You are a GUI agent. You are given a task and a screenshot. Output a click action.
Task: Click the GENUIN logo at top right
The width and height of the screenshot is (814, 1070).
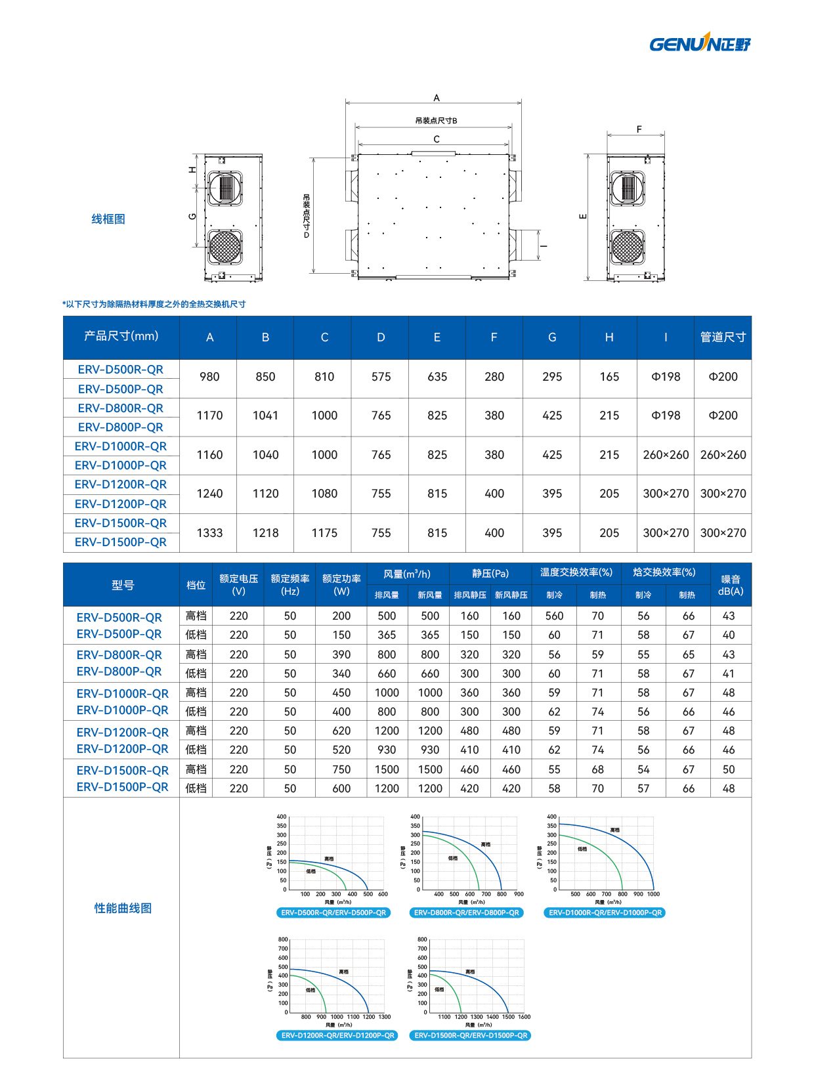(700, 43)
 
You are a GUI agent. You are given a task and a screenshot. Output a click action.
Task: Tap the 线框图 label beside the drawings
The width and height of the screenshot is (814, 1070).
(108, 219)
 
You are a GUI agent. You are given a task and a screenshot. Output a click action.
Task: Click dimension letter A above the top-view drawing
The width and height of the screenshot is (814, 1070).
(437, 98)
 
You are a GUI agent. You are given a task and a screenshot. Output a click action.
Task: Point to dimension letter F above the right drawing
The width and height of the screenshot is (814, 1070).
(639, 129)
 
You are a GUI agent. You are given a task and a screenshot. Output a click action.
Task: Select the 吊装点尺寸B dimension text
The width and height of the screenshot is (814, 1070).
(436, 121)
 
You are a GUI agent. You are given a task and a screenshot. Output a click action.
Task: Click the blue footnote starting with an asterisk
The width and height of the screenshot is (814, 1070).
(154, 305)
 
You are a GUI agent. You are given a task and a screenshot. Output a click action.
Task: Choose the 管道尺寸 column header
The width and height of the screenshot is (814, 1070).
(723, 337)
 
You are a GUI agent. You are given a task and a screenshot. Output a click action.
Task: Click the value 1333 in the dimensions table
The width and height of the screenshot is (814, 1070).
(209, 533)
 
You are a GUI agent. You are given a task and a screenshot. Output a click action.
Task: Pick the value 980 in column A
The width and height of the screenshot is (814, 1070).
(209, 377)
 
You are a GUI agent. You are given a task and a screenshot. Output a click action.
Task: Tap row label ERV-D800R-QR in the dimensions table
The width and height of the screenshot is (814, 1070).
(121, 408)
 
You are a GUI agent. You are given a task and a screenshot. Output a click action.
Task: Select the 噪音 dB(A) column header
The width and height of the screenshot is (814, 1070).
(731, 585)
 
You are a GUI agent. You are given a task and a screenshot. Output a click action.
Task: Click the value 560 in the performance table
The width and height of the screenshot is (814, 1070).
(554, 616)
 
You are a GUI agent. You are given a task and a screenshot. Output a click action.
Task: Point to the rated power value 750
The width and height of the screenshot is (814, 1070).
(341, 769)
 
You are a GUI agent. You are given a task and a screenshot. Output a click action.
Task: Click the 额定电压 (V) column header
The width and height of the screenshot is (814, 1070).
(238, 585)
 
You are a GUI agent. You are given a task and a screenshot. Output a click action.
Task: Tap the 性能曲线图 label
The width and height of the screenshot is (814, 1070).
(123, 908)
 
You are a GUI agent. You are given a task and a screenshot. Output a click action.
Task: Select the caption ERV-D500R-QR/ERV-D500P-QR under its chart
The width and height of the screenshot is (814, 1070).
(333, 912)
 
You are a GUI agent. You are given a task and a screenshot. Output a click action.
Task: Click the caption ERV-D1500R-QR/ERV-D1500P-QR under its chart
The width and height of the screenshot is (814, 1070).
(471, 1035)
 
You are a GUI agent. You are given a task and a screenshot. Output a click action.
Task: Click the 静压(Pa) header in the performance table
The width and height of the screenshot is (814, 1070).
(490, 573)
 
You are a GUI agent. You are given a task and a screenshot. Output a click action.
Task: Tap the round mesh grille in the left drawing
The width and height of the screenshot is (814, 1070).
(225, 247)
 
